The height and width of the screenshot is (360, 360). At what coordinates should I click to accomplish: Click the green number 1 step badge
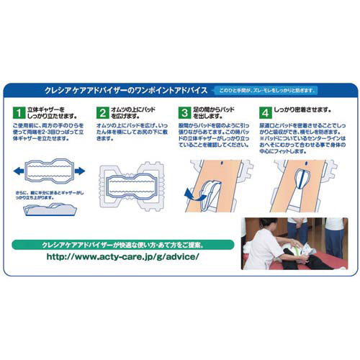click(18, 113)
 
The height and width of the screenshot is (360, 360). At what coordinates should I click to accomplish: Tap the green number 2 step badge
click(103, 113)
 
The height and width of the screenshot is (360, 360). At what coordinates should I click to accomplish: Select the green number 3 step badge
click(186, 113)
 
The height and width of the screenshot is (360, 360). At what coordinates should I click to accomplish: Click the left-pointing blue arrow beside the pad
click(17, 171)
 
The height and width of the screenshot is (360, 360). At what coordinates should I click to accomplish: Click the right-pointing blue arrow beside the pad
click(78, 171)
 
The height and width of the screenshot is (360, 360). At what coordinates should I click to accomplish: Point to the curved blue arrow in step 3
click(191, 194)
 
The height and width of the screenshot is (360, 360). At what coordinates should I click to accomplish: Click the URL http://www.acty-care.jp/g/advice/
click(122, 256)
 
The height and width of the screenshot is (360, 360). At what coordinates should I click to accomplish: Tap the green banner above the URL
click(122, 242)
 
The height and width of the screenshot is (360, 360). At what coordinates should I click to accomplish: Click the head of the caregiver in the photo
click(272, 224)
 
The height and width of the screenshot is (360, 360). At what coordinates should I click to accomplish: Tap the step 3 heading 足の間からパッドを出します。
click(216, 113)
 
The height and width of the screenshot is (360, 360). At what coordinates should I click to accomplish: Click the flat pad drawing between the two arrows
click(48, 171)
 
